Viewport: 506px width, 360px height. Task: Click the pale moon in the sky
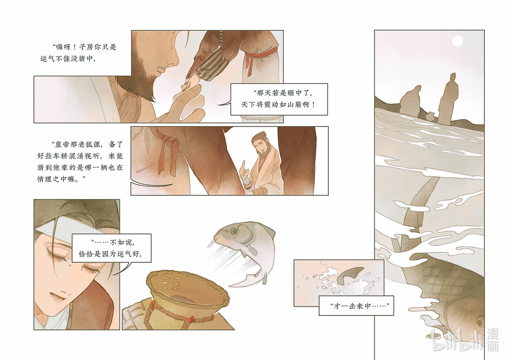click(457, 41)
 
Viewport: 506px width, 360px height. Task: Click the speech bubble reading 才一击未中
click(356, 306)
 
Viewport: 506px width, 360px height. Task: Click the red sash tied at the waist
click(258, 58)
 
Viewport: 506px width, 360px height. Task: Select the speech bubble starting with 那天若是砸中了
click(279, 99)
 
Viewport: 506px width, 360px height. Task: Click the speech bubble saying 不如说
click(111, 248)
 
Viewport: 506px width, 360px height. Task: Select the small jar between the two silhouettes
click(431, 116)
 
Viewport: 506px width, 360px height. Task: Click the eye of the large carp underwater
click(480, 322)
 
